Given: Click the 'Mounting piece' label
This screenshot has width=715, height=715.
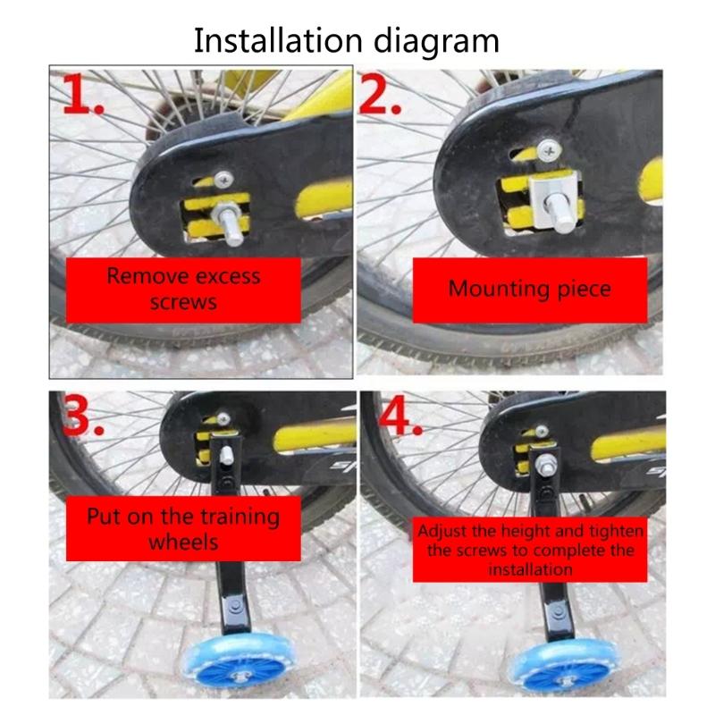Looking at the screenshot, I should tap(530, 289).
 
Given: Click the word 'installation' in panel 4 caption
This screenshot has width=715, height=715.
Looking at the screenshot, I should tap(530, 569).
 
